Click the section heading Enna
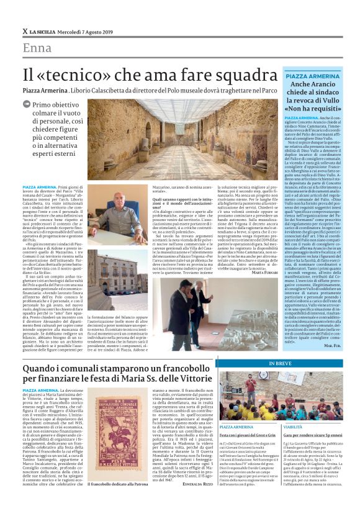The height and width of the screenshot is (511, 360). [x=37, y=48]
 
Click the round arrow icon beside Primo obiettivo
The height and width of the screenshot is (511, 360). [x=27, y=106]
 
